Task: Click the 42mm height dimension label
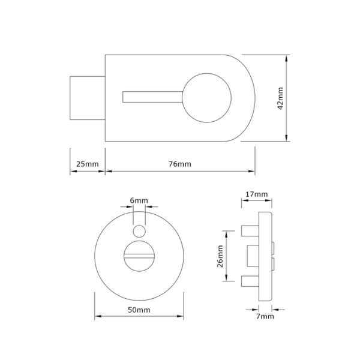point(281,98)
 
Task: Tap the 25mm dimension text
point(88,164)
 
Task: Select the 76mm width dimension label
point(180,164)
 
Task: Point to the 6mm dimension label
point(139,200)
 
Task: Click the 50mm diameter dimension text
point(139,310)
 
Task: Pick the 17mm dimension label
point(257,194)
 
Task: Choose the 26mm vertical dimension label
point(220,256)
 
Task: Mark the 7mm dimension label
point(265,316)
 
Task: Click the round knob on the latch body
point(206,98)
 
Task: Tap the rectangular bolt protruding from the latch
point(88,98)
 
